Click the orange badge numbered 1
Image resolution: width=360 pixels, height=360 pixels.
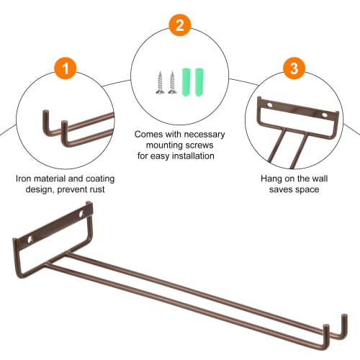66,68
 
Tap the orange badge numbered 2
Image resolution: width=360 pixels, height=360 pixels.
180,25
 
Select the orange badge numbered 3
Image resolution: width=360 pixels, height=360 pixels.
294,68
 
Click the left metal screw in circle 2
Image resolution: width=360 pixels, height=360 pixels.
160,82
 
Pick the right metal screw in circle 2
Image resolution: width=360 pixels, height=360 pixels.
172,82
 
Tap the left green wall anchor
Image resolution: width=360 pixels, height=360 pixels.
186,82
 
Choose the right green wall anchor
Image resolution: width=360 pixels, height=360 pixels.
199,82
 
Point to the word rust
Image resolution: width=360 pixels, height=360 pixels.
97,189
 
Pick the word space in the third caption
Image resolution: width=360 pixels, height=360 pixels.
307,189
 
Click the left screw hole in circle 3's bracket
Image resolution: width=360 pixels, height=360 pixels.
270,105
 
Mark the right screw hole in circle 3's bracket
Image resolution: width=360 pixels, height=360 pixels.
325,115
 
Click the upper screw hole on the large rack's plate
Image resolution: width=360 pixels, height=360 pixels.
81,214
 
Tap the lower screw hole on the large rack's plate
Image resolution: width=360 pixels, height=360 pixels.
30,239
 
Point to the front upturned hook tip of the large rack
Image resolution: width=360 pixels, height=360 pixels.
326,326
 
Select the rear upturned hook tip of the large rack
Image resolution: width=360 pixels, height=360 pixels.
344,315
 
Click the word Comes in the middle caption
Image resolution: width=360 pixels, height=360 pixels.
149,135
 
